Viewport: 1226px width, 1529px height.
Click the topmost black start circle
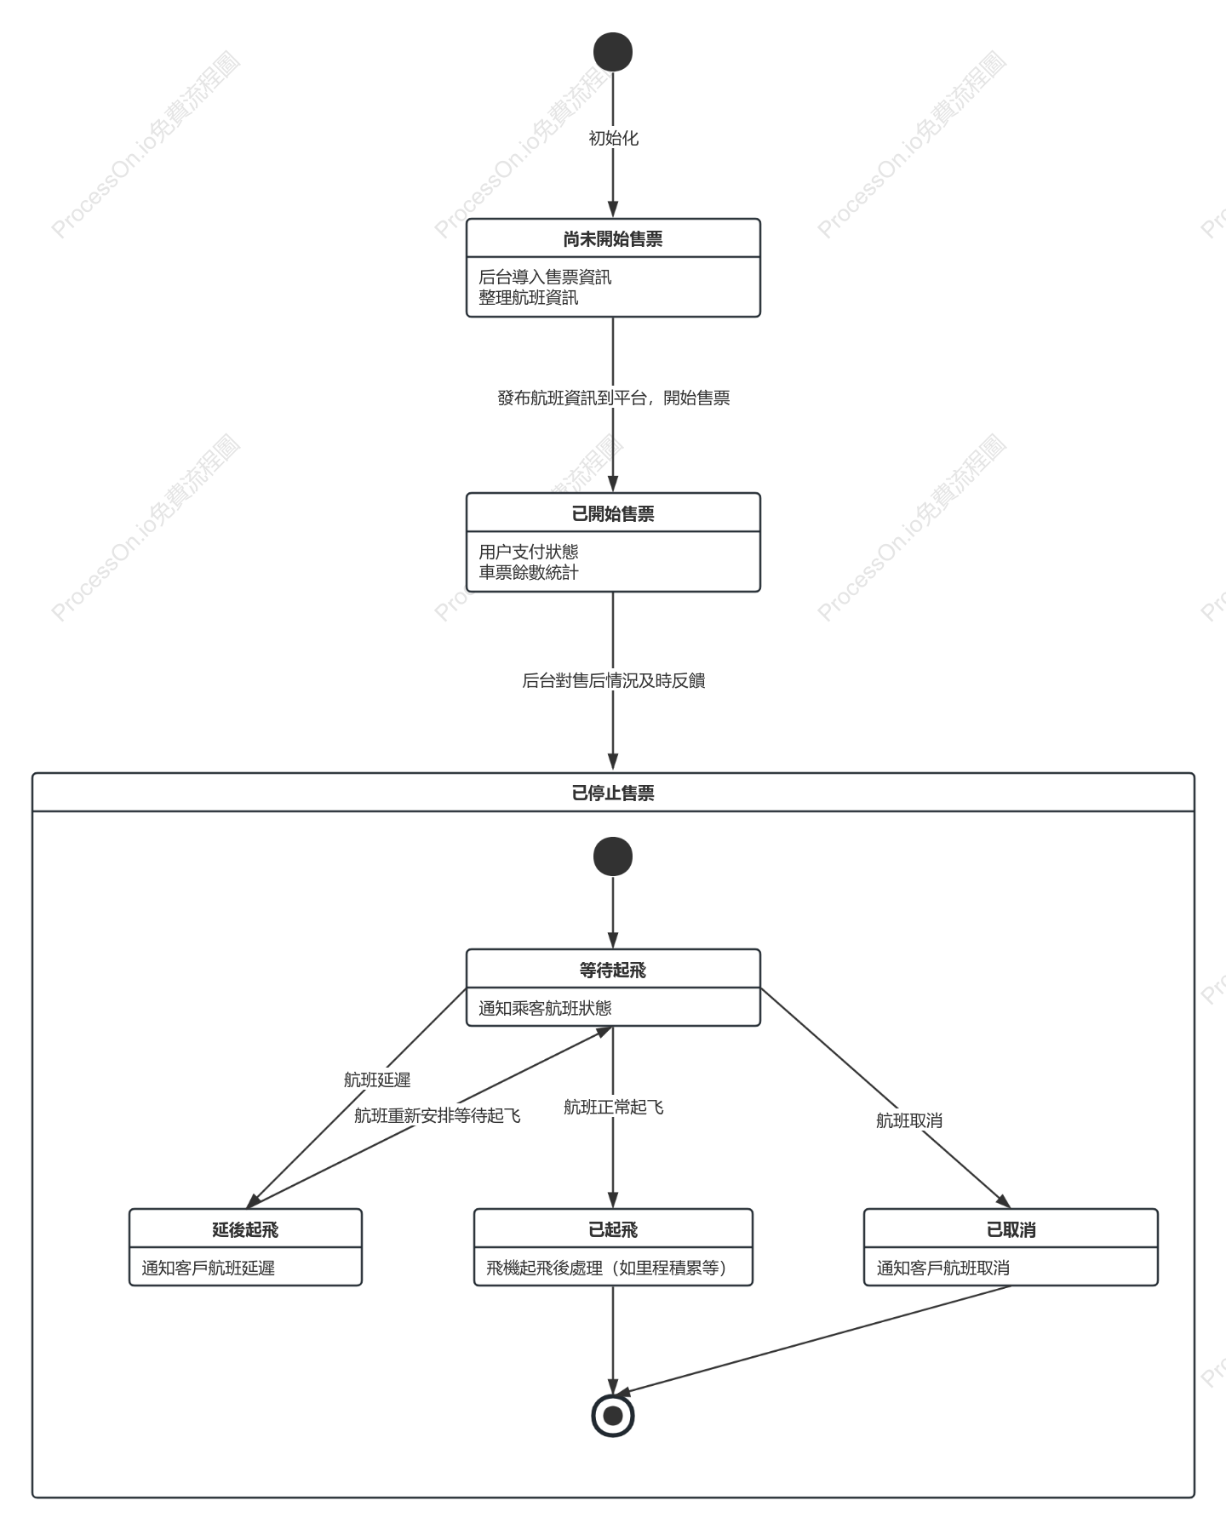(x=613, y=52)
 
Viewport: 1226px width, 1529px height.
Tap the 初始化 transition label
(x=613, y=138)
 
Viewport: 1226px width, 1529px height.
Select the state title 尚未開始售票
(x=613, y=239)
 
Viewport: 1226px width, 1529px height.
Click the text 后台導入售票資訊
(x=545, y=277)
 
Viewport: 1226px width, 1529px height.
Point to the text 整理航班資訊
(x=528, y=297)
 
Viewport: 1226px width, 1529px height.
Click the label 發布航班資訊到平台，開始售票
(x=614, y=398)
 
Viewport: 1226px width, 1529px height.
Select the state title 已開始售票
(x=613, y=514)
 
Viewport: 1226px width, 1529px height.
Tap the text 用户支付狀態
(x=528, y=552)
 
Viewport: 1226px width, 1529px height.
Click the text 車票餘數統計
(x=528, y=572)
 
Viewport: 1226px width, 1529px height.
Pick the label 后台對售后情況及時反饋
(x=614, y=680)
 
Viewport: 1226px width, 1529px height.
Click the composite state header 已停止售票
(x=613, y=793)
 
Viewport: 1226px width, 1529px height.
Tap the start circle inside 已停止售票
(x=613, y=856)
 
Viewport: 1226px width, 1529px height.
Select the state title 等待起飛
(x=613, y=971)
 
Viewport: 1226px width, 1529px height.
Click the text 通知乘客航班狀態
(x=545, y=1008)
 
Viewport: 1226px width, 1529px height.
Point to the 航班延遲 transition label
(x=377, y=1079)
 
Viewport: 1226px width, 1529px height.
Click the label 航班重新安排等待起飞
(x=437, y=1115)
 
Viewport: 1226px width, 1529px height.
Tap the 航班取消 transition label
(x=909, y=1120)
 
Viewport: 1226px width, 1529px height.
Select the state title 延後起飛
(x=245, y=1230)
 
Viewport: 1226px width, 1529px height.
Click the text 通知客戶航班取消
(x=943, y=1268)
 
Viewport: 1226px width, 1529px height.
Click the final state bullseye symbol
(x=613, y=1416)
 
